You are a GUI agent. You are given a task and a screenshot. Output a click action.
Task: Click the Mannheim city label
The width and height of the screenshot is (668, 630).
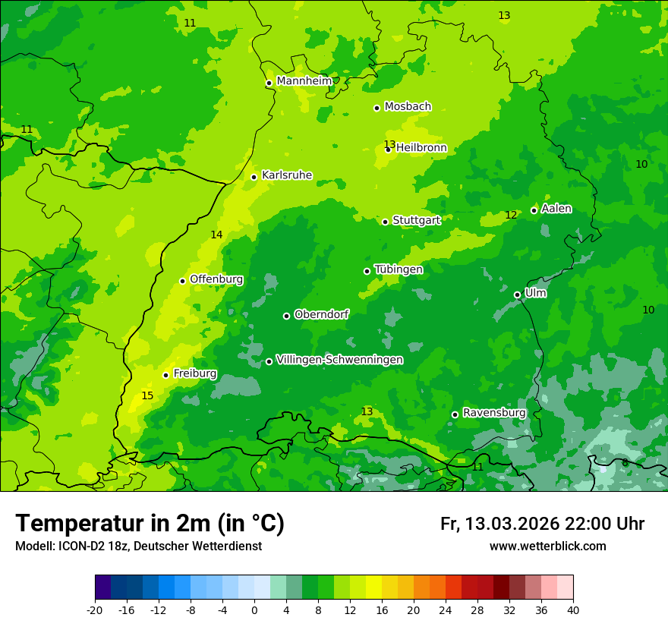[x=304, y=80]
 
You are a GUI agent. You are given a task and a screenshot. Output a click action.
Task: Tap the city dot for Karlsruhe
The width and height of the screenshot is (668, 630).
[x=254, y=177]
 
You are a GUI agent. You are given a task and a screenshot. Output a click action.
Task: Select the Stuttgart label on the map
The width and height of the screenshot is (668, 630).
[x=416, y=220]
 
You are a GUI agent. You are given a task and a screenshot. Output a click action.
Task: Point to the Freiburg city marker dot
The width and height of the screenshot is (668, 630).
[x=165, y=375]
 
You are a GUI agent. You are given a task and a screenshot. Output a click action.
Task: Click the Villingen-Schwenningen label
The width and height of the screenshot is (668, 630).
[x=339, y=360]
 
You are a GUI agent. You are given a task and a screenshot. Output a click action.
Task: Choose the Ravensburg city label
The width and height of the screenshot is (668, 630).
[x=494, y=413]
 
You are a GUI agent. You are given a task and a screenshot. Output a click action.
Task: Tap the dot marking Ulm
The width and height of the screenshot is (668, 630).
[x=517, y=295]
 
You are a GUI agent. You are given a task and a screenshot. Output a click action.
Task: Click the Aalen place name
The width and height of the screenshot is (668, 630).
[x=556, y=209]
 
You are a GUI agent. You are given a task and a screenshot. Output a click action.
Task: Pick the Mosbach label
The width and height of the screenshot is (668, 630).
[x=408, y=106]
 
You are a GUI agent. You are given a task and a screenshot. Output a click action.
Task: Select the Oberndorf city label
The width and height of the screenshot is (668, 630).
[x=321, y=314]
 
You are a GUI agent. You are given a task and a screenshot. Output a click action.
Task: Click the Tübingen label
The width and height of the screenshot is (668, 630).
[x=399, y=269]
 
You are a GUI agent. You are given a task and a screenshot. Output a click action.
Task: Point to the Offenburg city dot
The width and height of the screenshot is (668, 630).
[x=182, y=281]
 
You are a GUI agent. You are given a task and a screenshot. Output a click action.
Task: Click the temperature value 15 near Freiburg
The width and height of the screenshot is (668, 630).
[x=147, y=395]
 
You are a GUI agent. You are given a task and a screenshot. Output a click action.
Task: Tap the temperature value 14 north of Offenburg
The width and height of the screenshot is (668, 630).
[x=216, y=235]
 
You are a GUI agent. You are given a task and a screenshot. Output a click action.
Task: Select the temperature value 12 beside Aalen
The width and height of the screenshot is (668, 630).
[x=511, y=216]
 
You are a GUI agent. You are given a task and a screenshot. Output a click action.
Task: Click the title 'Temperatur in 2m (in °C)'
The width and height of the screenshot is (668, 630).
[x=150, y=523]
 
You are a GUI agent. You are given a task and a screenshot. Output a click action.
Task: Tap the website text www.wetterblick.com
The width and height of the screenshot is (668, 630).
[x=547, y=546]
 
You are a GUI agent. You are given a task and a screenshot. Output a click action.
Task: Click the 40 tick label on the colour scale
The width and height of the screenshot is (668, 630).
[x=572, y=610]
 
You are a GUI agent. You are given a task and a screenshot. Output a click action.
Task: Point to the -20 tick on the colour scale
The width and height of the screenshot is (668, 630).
[x=95, y=610]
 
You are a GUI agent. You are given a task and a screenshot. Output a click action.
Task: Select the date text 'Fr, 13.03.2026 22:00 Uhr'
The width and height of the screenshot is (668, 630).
[x=542, y=524]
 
